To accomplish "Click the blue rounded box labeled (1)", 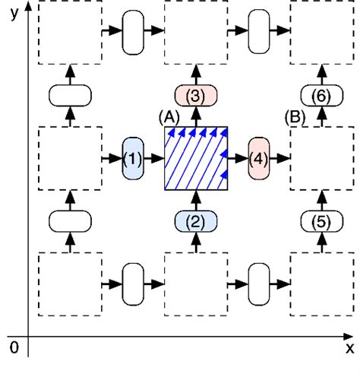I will click(132, 159).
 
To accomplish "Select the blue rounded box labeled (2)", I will click(196, 222).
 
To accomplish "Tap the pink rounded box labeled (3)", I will click(196, 96).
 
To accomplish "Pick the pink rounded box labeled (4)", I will click(259, 159).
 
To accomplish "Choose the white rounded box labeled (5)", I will click(323, 222).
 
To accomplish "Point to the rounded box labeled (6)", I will click(323, 96).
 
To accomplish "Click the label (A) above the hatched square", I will click(168, 118).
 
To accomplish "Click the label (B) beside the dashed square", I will click(295, 118).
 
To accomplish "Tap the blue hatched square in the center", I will click(196, 159).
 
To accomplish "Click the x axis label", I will click(349, 347).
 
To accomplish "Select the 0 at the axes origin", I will click(12, 347).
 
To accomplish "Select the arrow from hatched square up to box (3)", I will click(196, 116).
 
